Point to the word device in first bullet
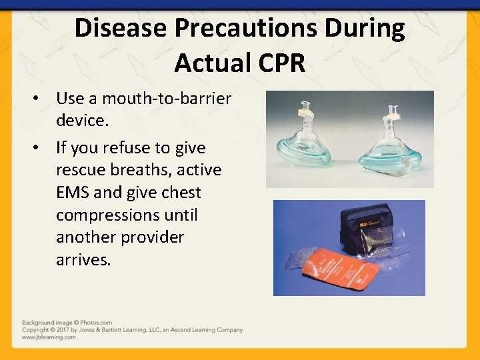[81, 121]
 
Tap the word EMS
[73, 193]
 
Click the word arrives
[83, 260]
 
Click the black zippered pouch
[365, 231]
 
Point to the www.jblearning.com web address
[49, 337]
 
